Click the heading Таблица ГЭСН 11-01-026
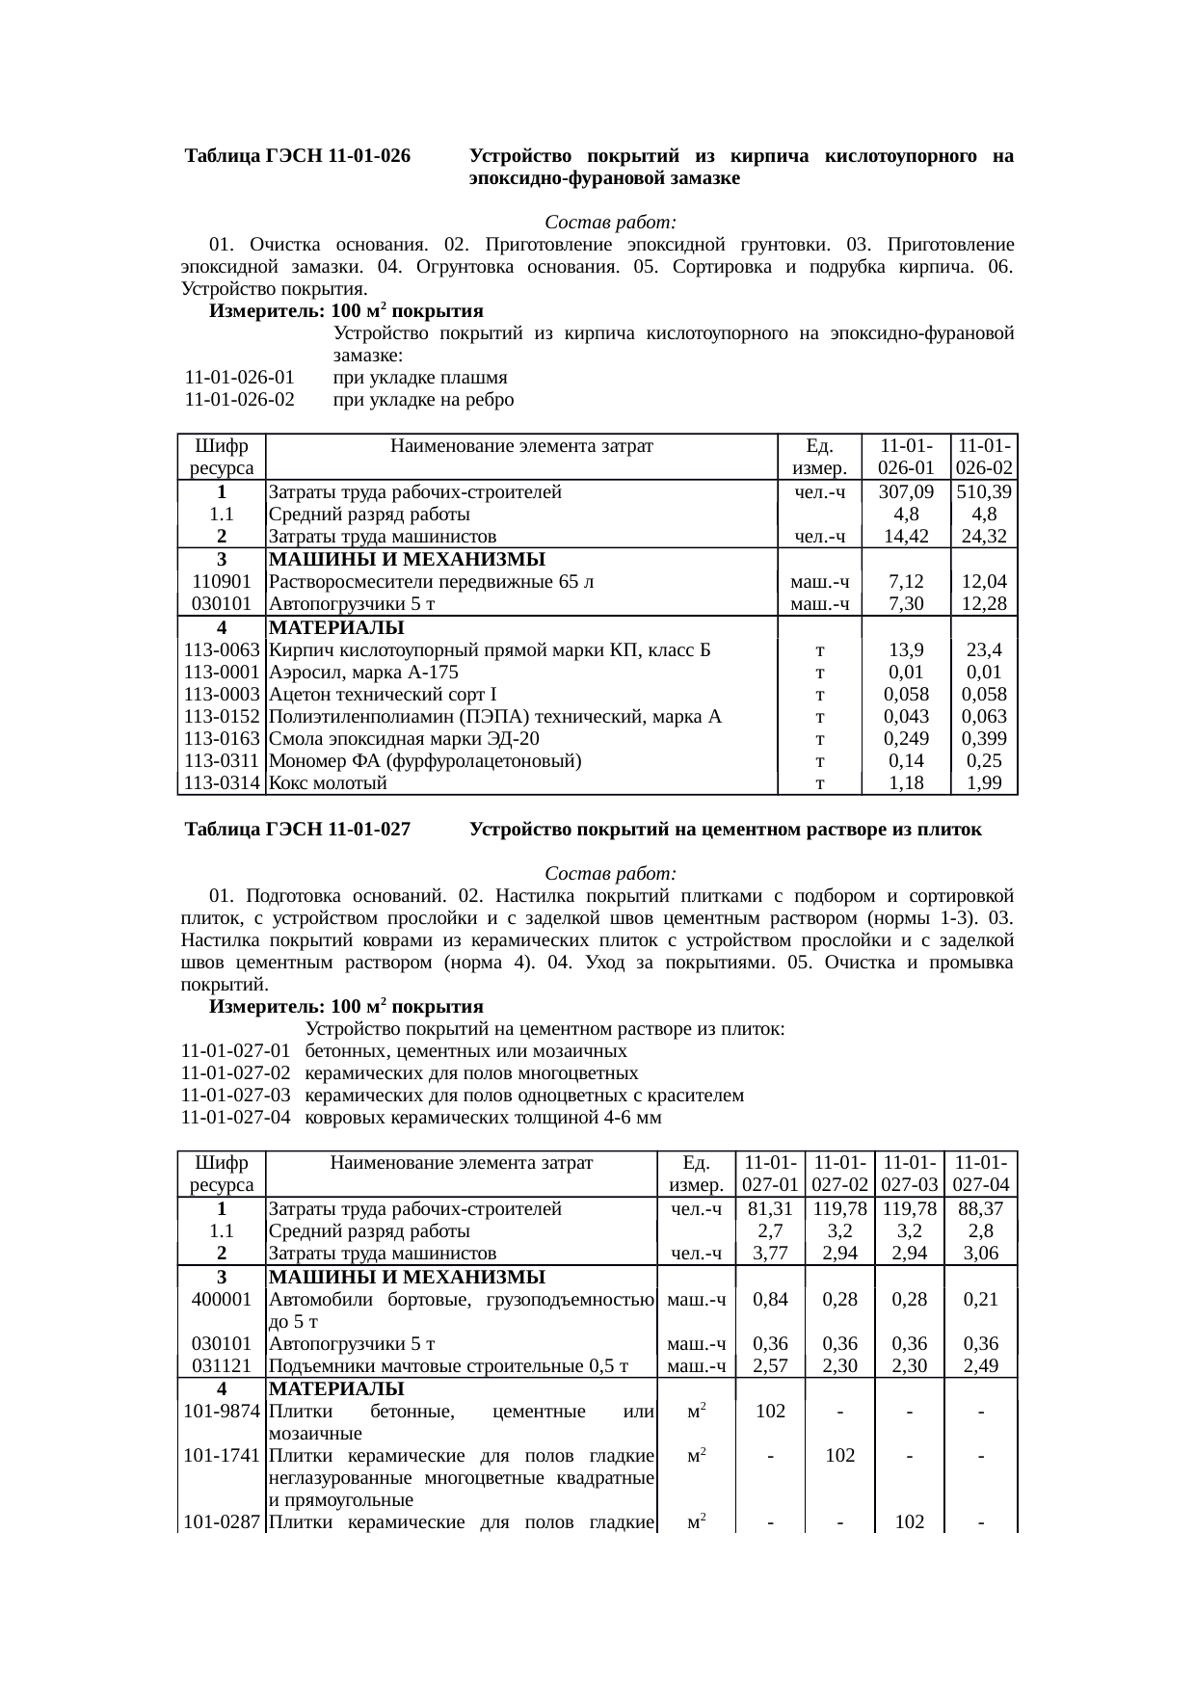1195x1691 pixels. coord(298,156)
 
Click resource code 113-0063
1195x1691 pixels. coord(222,650)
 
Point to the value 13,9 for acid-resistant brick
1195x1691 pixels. coord(905,650)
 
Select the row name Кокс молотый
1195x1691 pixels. coord(328,783)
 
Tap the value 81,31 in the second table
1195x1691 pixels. coord(770,1209)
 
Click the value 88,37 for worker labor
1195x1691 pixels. coord(980,1209)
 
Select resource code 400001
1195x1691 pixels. coord(222,1299)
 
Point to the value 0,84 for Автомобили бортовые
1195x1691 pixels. coord(770,1299)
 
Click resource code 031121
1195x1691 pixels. coord(222,1365)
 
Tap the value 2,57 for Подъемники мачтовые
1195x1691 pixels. coord(770,1365)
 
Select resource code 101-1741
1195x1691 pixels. coord(222,1456)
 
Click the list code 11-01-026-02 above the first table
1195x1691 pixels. coord(239,400)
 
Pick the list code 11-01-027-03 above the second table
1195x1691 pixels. coord(235,1096)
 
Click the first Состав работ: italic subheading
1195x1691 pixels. coord(611,223)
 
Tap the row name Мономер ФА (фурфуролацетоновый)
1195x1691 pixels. coord(425,761)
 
